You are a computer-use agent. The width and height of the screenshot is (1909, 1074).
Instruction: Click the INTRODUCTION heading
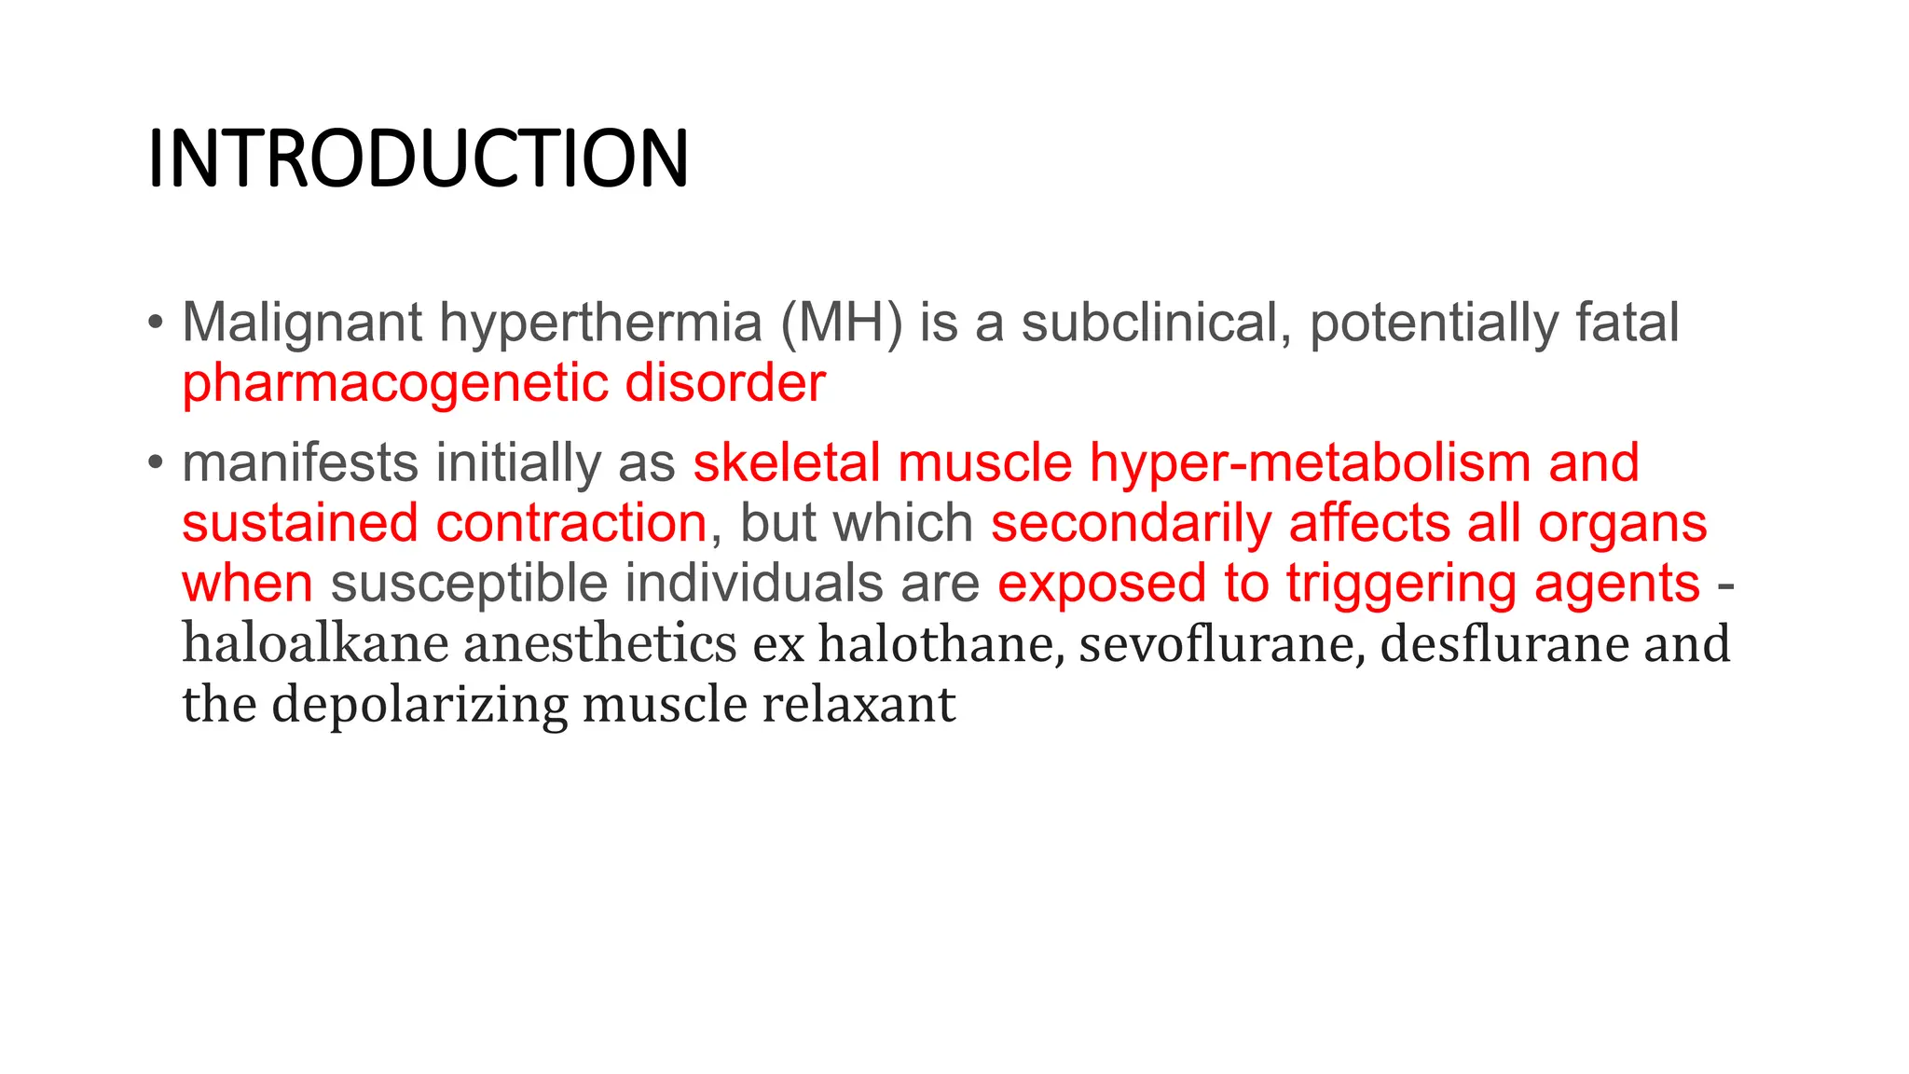(418, 158)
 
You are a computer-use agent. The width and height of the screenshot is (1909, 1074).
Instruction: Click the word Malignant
(302, 323)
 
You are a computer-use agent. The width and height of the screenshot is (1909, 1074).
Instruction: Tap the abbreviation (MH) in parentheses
(842, 323)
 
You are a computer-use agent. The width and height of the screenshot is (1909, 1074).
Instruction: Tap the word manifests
(300, 463)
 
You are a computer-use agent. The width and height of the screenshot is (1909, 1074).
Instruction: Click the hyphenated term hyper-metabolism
(1310, 463)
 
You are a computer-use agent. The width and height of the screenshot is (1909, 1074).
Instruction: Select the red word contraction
(571, 523)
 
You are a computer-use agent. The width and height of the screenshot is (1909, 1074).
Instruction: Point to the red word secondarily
(1131, 523)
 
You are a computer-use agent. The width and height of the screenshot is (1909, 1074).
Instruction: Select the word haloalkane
(315, 644)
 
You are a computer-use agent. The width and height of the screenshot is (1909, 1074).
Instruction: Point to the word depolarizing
(419, 705)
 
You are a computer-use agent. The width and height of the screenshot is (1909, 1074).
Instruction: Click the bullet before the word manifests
(155, 462)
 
